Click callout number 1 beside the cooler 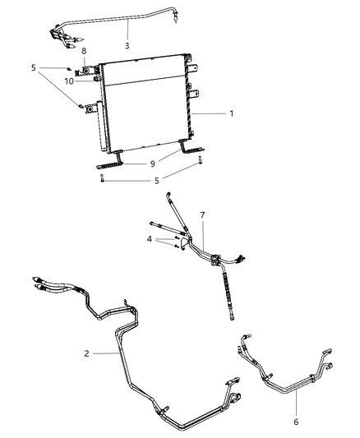coord(231,113)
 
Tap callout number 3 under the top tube coord(127,45)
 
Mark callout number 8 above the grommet coord(85,71)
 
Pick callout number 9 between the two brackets coord(152,164)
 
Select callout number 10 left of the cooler coord(70,81)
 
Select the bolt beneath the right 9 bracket coord(197,168)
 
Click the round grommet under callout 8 coord(85,81)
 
